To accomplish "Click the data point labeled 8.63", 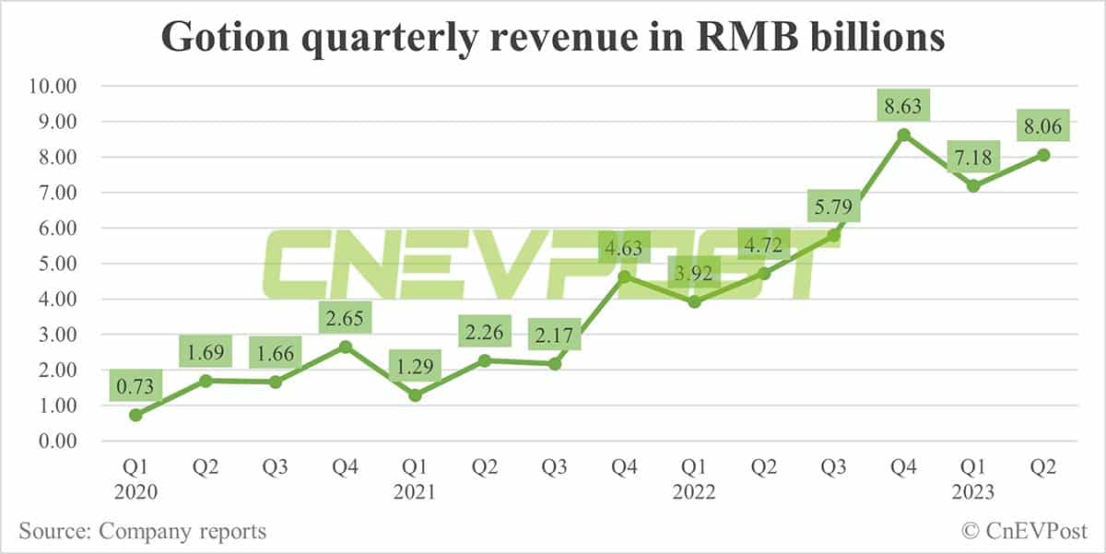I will point(904,135).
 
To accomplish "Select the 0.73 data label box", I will point(135,383).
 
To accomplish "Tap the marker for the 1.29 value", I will point(416,395).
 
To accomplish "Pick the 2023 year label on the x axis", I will point(973,493).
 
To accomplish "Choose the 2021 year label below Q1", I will point(416,493).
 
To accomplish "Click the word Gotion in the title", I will point(218,38).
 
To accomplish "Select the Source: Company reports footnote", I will point(142,531).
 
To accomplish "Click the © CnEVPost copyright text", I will point(1024,531).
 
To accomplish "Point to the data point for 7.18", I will point(973,186).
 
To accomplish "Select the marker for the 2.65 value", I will point(346,347).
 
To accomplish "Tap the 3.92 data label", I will point(695,272).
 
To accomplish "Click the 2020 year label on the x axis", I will point(135,493).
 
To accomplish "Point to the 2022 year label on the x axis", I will point(695,493).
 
